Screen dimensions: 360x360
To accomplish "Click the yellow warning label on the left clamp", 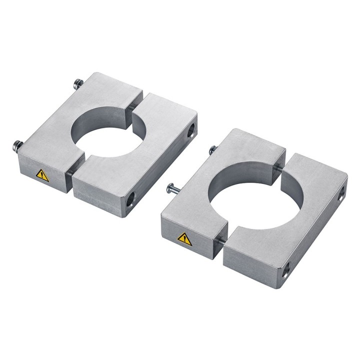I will (x=42, y=175).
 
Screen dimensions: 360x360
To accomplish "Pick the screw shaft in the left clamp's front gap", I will (x=70, y=172).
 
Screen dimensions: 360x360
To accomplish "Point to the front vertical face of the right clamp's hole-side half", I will (x=250, y=262).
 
